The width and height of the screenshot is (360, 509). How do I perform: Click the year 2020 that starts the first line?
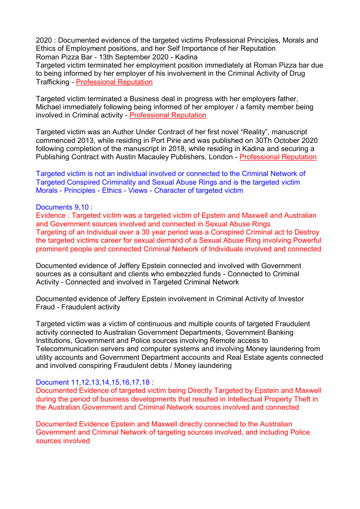click(x=44, y=40)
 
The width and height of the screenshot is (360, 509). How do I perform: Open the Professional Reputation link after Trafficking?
click(x=114, y=82)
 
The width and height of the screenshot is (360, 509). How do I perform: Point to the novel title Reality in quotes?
click(x=240, y=132)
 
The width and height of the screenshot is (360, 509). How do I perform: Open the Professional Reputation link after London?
click(x=278, y=157)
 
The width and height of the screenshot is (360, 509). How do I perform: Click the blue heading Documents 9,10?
click(x=64, y=207)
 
